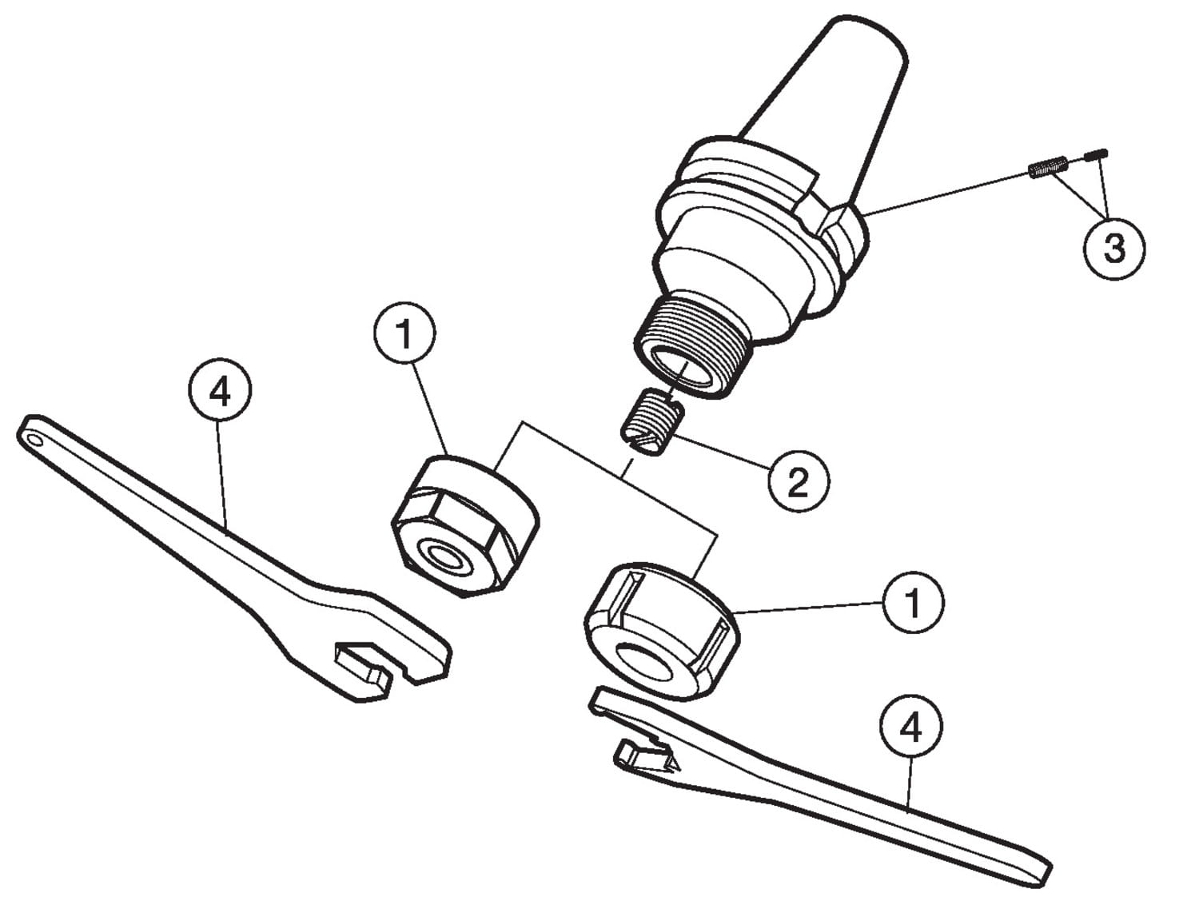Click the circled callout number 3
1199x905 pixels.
[1114, 249]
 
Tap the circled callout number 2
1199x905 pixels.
[798, 480]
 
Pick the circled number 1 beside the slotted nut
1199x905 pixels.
[913, 602]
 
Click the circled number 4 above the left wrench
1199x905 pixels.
[220, 391]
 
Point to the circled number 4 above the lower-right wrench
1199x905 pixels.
[910, 726]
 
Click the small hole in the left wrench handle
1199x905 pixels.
[35, 441]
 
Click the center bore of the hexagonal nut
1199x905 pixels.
[445, 557]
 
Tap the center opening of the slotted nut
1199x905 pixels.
[644, 662]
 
